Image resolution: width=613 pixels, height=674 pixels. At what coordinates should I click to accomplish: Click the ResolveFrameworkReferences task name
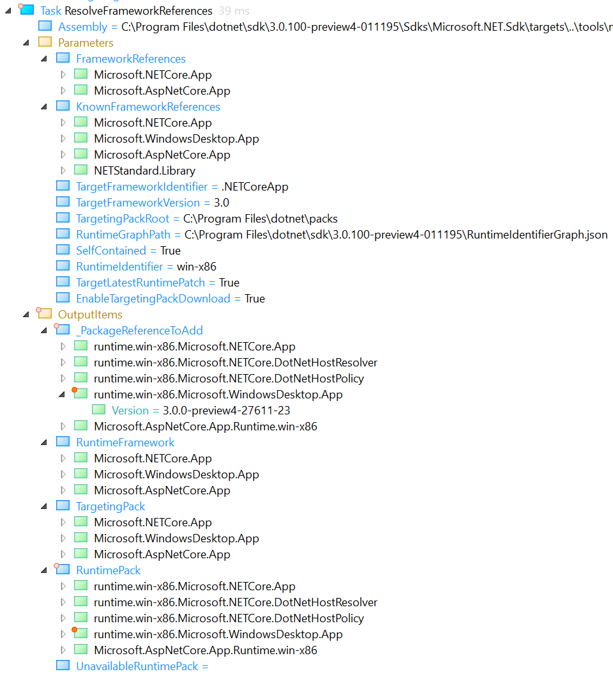[139, 11]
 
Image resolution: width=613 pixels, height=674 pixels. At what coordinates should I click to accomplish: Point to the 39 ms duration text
[234, 11]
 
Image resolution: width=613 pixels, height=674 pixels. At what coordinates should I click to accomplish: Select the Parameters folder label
[86, 43]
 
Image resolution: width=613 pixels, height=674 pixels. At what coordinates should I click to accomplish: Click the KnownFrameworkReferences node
[148, 107]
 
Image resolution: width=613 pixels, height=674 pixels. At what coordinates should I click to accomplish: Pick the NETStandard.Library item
[144, 171]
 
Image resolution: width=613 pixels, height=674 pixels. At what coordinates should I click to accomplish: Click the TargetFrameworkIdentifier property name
[142, 187]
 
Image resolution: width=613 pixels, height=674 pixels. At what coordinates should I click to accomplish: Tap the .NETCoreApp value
[255, 187]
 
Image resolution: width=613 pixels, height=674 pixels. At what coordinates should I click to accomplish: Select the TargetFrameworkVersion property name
[138, 203]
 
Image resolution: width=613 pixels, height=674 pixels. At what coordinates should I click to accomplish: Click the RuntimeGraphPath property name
[123, 235]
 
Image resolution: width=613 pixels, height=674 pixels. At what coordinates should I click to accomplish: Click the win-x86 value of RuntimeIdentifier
[197, 267]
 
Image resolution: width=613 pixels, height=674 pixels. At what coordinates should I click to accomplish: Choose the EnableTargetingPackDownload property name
[153, 299]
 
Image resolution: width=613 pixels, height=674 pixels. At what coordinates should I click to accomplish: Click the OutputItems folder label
[90, 315]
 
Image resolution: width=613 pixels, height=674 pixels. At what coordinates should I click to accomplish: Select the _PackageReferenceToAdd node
[139, 331]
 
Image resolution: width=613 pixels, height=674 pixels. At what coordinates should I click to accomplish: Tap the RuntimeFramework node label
[125, 443]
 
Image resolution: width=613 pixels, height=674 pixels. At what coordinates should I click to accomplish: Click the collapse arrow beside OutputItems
[26, 315]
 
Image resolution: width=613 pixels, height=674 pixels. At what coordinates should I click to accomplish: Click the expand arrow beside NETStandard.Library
[63, 171]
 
